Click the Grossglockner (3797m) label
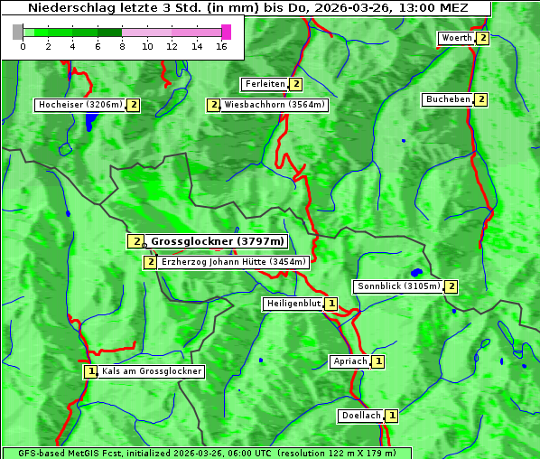[x=217, y=241]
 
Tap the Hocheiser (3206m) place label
[x=79, y=105]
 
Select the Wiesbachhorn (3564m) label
[x=275, y=105]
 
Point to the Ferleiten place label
[x=265, y=84]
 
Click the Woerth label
[x=456, y=38]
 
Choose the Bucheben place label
[x=448, y=98]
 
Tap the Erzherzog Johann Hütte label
[x=233, y=262]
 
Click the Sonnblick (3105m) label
[x=398, y=286]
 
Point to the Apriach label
[x=349, y=361]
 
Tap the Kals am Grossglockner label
[x=152, y=371]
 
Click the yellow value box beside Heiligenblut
[x=331, y=304]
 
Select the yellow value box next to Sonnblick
[x=452, y=286]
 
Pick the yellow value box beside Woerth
[x=483, y=38]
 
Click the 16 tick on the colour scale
[x=221, y=46]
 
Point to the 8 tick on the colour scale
[x=122, y=46]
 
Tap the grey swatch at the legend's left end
[x=18, y=32]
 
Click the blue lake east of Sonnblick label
[x=416, y=272]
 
